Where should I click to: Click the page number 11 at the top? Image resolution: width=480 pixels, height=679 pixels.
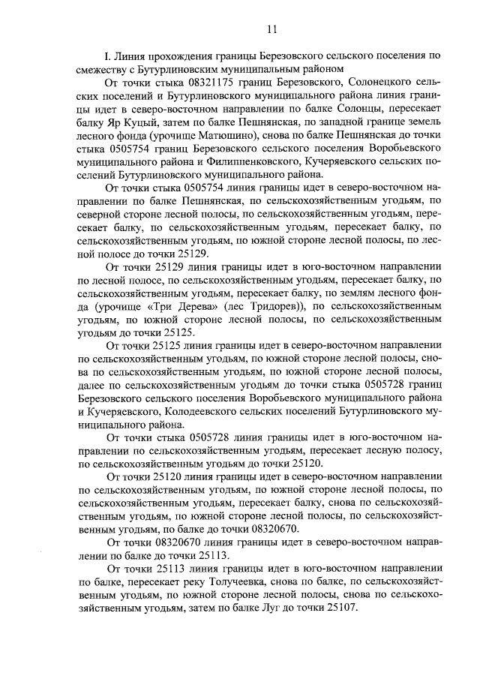coord(271,29)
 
